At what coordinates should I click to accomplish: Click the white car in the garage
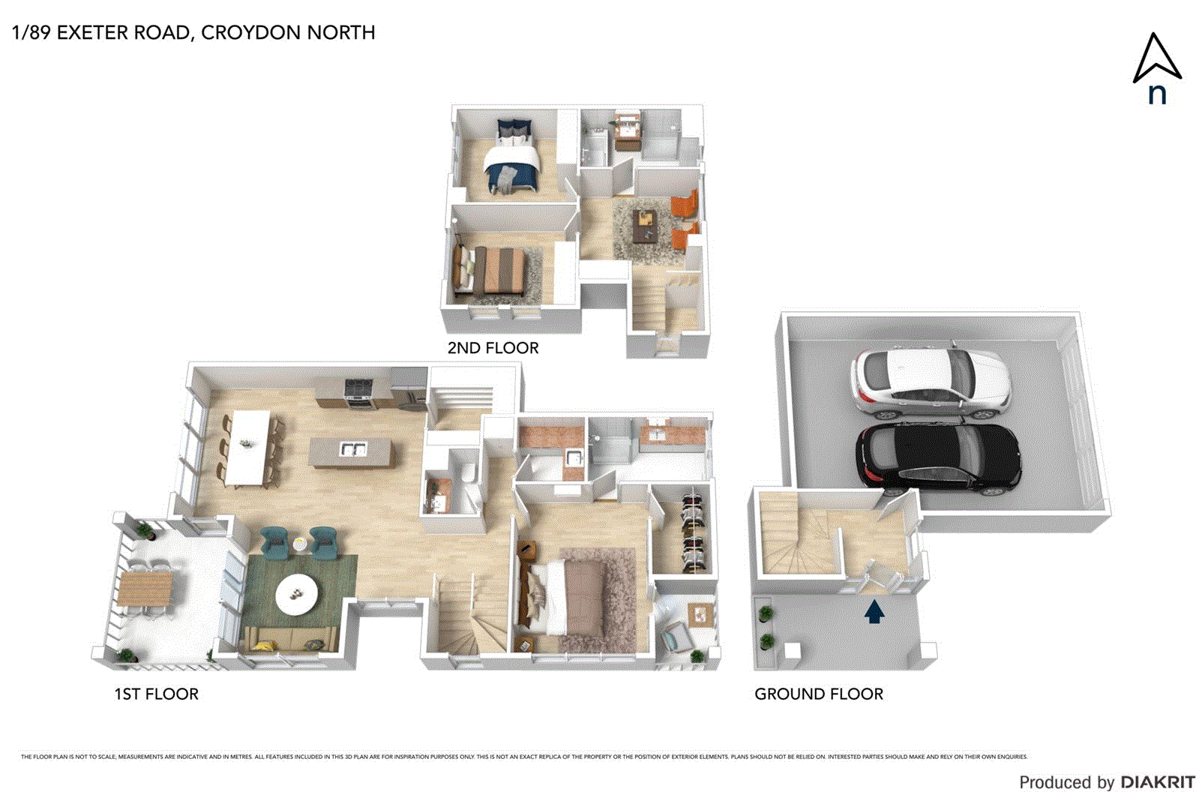click(x=930, y=382)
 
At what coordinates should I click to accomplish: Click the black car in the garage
click(x=937, y=456)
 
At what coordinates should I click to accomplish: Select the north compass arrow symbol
click(x=1156, y=60)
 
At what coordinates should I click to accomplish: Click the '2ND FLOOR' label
click(x=493, y=348)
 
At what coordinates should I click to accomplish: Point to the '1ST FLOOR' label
click(x=156, y=694)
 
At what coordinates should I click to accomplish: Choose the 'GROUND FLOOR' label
click(x=819, y=694)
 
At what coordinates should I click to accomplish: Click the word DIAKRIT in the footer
click(x=1158, y=782)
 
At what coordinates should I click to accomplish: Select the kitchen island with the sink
click(x=351, y=452)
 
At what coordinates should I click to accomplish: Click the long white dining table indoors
click(x=247, y=447)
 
